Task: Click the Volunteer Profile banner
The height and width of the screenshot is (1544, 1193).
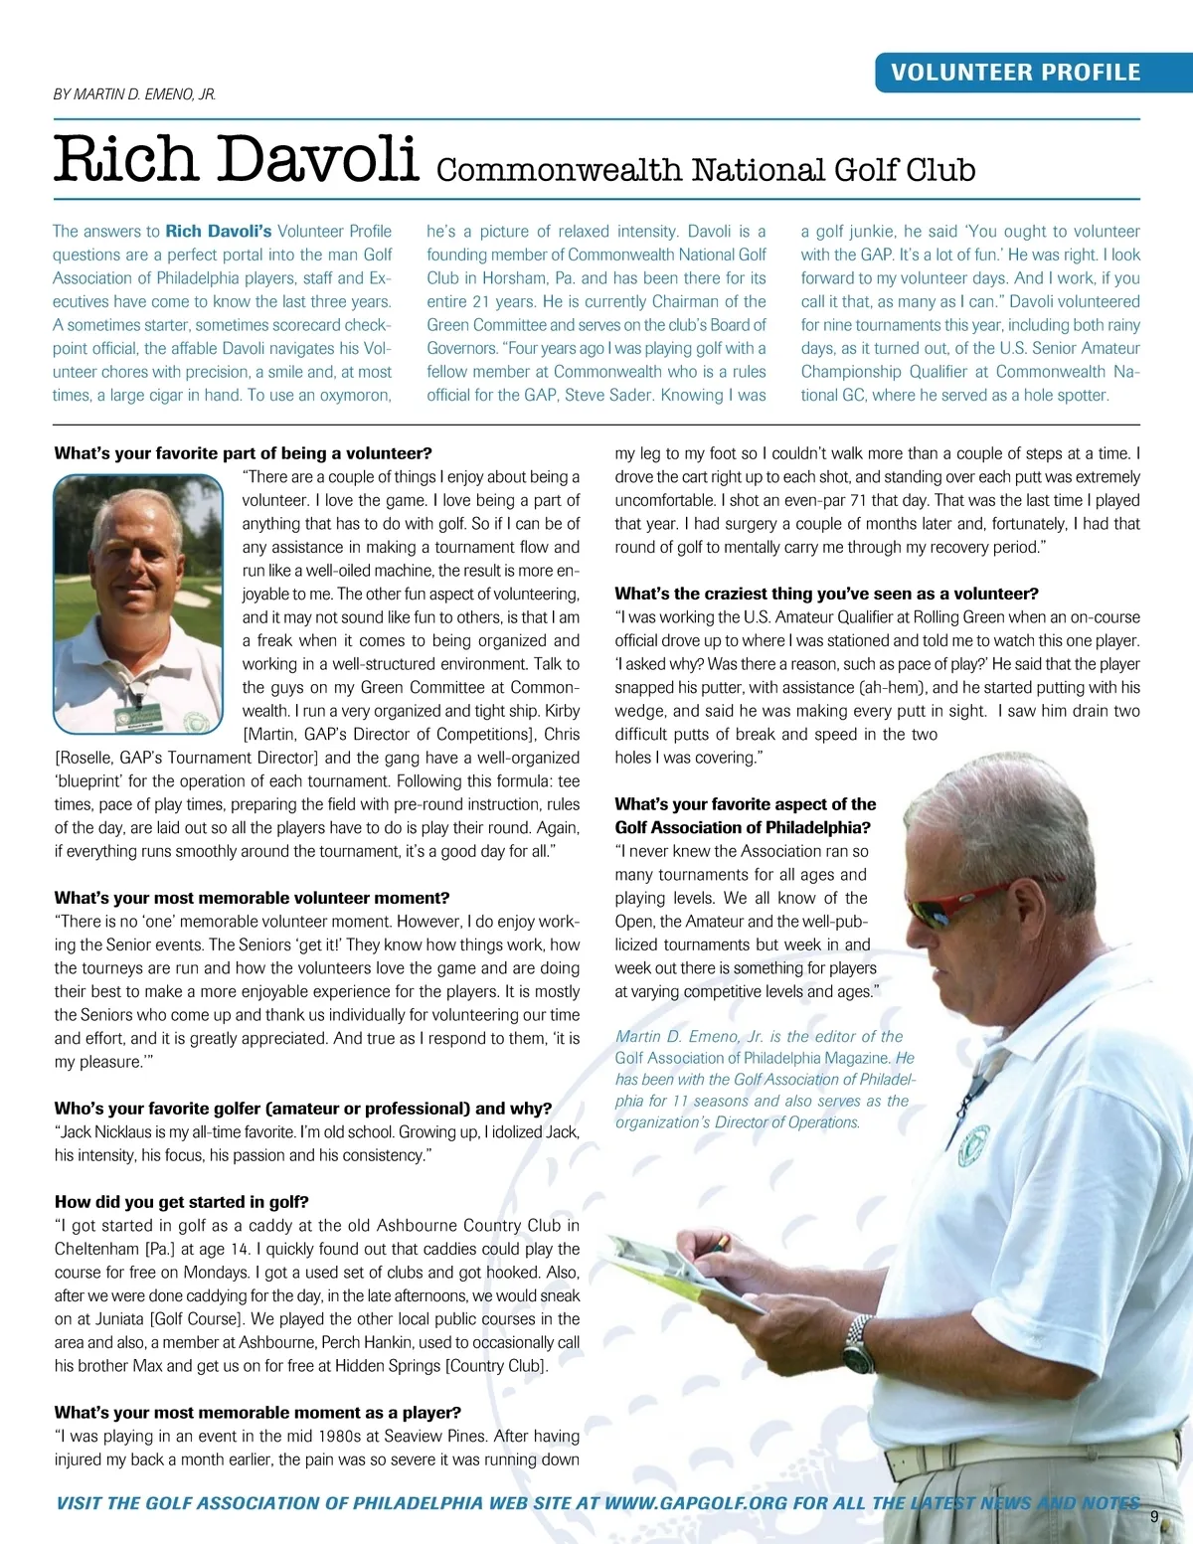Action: pyautogui.click(x=1015, y=73)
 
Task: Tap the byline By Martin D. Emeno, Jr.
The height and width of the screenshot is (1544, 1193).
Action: pyautogui.click(x=134, y=94)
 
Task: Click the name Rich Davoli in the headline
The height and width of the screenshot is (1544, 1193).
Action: pyautogui.click(x=236, y=159)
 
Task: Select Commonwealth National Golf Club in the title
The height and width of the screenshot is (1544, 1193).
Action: pyautogui.click(x=706, y=170)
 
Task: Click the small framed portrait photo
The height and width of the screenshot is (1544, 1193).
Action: pyautogui.click(x=138, y=603)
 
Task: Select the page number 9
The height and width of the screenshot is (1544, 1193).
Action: pyautogui.click(x=1154, y=1516)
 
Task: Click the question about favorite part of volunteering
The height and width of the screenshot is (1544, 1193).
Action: pyautogui.click(x=244, y=453)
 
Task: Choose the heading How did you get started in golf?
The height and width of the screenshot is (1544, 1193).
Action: pyautogui.click(x=182, y=1202)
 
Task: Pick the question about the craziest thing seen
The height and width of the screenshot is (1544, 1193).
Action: pyautogui.click(x=826, y=594)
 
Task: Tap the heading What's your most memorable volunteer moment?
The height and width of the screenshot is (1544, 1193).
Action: pyautogui.click(x=253, y=898)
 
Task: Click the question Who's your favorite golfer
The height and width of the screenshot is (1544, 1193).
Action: pyautogui.click(x=303, y=1109)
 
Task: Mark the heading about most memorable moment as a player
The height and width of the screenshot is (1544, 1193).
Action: pyautogui.click(x=258, y=1413)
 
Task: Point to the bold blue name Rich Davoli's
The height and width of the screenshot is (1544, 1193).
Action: pyautogui.click(x=219, y=232)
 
